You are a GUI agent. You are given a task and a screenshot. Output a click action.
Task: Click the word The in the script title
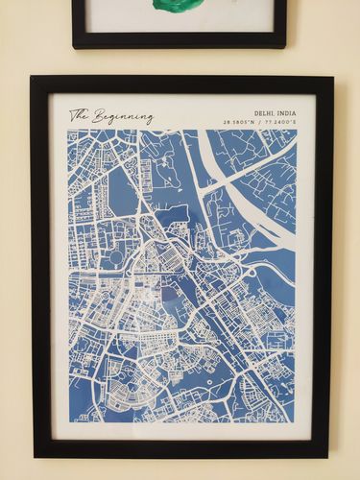click(79, 115)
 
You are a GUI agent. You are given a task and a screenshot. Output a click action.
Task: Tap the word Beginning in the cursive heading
click(122, 117)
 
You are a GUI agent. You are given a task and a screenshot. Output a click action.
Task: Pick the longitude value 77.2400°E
click(282, 123)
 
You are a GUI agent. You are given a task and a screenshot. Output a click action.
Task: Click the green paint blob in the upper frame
click(179, 5)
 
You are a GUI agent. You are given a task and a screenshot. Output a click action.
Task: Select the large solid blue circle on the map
click(116, 257)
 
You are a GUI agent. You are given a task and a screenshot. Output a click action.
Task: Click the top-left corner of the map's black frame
click(31, 77)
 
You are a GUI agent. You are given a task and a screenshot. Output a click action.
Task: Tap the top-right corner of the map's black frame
click(332, 77)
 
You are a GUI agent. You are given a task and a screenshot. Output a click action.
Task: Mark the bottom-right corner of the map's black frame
click(327, 456)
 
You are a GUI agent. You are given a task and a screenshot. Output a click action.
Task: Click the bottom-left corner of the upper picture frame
click(73, 46)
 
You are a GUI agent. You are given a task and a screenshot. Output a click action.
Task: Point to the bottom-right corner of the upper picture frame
click(285, 46)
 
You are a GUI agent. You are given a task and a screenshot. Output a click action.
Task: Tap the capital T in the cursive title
click(74, 114)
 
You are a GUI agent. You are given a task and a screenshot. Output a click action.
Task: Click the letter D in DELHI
click(256, 113)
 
